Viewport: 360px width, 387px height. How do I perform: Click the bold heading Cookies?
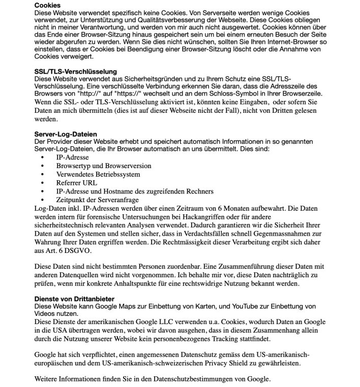pyautogui.click(x=47, y=5)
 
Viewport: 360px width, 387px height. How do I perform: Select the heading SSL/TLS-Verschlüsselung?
pyautogui.click(x=75, y=72)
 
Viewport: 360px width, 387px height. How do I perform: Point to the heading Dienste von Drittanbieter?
pyautogui.click(x=74, y=299)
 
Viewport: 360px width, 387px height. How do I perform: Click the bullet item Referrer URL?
pyautogui.click(x=76, y=182)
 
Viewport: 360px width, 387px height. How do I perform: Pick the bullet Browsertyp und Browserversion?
pyautogui.click(x=103, y=166)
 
